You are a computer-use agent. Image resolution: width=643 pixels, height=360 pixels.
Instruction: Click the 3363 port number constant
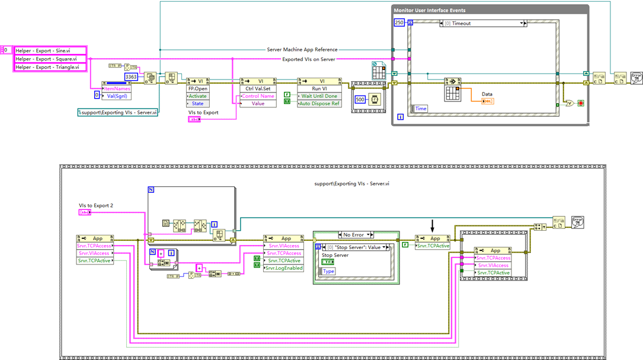pos(131,77)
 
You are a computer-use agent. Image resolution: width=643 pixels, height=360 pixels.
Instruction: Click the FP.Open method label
pos(197,88)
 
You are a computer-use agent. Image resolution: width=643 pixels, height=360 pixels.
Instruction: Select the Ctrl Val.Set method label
pos(258,88)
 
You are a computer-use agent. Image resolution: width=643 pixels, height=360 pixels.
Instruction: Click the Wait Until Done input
pos(319,96)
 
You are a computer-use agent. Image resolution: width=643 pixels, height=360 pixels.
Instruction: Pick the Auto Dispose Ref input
pos(319,103)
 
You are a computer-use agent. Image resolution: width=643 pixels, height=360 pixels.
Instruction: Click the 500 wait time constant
pos(360,100)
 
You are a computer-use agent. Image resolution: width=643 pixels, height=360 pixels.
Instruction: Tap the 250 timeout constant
pos(399,23)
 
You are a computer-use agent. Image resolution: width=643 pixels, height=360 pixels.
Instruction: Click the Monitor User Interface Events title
pos(429,11)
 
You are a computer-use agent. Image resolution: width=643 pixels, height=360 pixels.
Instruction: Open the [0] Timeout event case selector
pos(484,23)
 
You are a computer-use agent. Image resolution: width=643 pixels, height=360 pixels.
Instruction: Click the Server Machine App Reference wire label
pos(302,50)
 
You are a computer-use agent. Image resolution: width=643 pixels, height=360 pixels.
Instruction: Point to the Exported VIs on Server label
pos(308,59)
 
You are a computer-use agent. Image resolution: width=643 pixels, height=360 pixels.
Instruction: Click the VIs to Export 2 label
pos(97,205)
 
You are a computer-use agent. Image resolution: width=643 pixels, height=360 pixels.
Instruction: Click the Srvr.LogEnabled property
pos(283,268)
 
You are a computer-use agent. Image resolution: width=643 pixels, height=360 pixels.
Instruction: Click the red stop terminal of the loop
pos(580,103)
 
